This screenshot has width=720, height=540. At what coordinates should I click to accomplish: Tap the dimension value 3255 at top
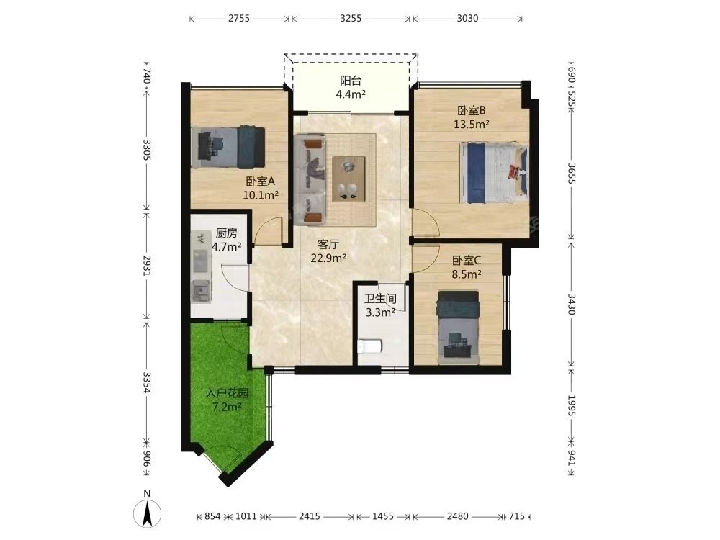(x=351, y=19)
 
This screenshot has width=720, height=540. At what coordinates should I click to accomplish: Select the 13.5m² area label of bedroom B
(x=471, y=124)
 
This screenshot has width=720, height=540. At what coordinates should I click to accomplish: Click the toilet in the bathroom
(x=369, y=346)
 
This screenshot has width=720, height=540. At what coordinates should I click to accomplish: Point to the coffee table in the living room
(x=348, y=179)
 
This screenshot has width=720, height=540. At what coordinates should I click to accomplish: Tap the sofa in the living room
(x=310, y=179)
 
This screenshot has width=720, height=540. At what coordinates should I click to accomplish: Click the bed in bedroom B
(x=494, y=173)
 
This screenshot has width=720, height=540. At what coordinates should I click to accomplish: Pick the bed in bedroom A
(x=228, y=147)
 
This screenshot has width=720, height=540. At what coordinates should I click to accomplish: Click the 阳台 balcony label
(x=351, y=81)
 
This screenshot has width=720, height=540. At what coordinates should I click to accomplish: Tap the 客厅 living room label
(x=328, y=244)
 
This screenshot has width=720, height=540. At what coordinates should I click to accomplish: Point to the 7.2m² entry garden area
(x=228, y=407)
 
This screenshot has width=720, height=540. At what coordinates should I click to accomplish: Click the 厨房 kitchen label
(x=226, y=233)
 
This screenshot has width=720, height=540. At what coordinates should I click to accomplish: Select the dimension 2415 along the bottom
(x=310, y=516)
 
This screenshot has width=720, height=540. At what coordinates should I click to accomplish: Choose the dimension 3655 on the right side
(x=571, y=173)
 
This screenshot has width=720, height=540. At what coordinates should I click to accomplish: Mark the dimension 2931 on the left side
(x=146, y=266)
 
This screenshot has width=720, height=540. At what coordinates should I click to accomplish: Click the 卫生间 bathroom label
(x=380, y=299)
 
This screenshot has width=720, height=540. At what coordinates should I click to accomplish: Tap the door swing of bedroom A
(x=268, y=230)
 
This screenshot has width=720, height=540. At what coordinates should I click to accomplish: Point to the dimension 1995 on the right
(x=571, y=405)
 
